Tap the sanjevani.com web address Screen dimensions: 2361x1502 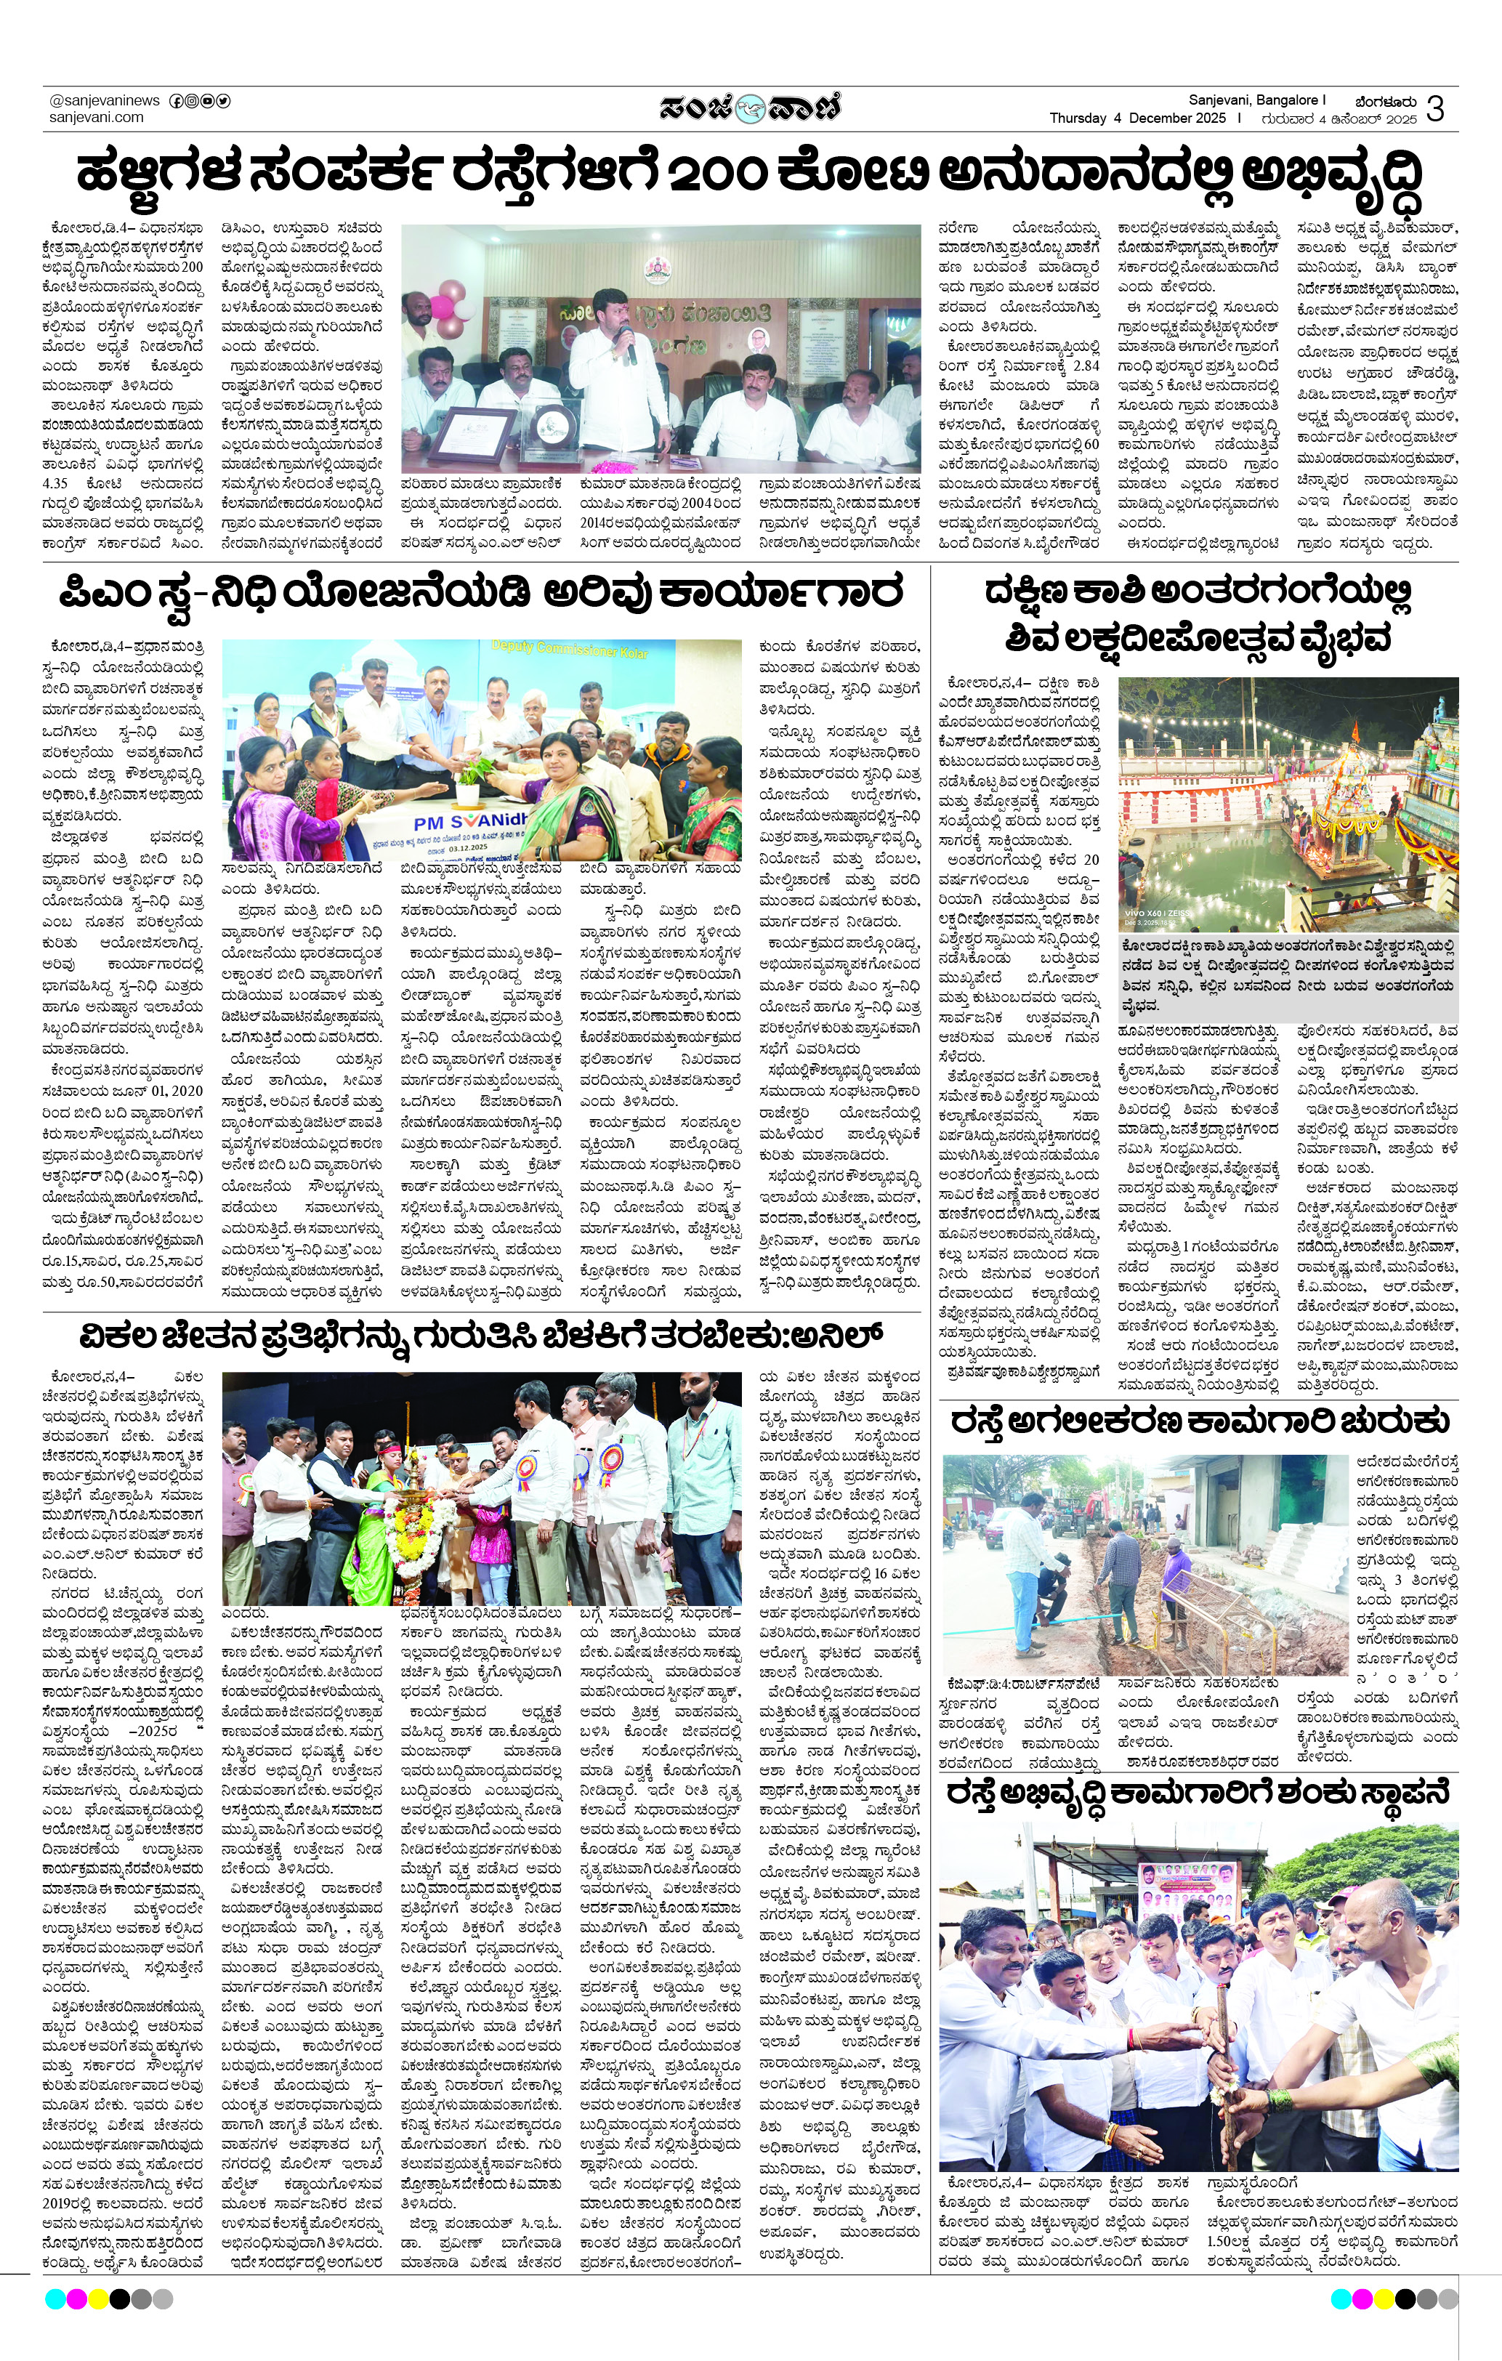96,118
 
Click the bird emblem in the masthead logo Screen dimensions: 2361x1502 750,107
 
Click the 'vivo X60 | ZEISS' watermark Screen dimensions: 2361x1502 1165,913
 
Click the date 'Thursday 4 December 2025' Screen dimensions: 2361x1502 1137,118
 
